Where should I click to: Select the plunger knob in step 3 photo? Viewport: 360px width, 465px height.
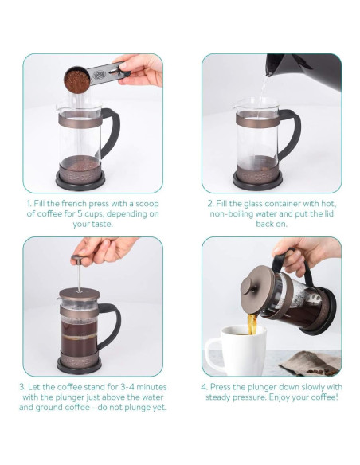[x=76, y=259]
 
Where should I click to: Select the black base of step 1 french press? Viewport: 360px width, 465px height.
[x=84, y=178]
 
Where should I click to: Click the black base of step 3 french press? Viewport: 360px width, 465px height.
[x=80, y=365]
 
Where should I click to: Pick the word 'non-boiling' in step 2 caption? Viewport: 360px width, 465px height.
[x=237, y=213]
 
